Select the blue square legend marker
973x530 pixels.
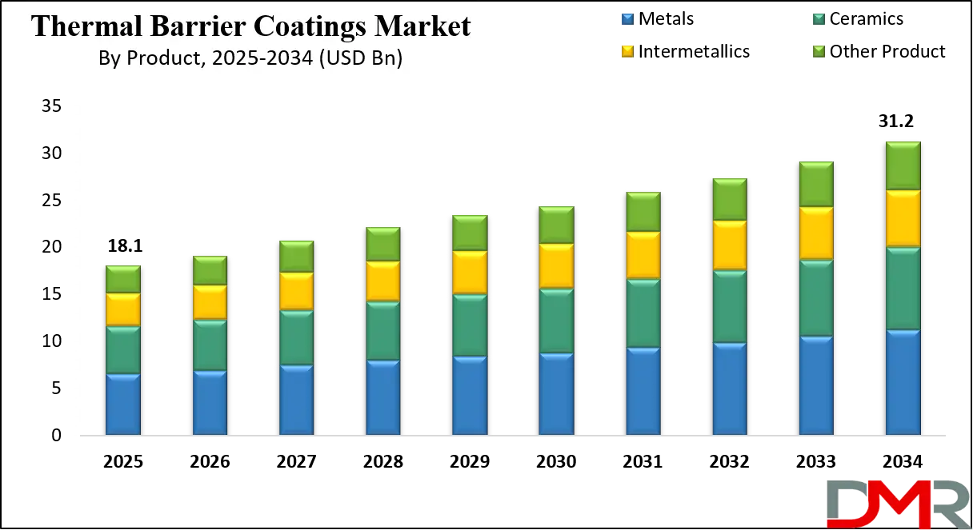pyautogui.click(x=627, y=18)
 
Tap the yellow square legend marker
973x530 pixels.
pyautogui.click(x=627, y=50)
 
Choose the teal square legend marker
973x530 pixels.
pyautogui.click(x=819, y=18)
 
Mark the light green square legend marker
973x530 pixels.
pyautogui.click(x=819, y=50)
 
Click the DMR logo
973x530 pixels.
pyautogui.click(x=896, y=504)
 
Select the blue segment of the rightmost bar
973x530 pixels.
pyautogui.click(x=903, y=382)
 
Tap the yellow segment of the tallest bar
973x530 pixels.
pyautogui.click(x=903, y=218)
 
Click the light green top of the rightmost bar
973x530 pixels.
pyautogui.click(x=903, y=165)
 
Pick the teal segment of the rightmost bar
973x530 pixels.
pyautogui.click(x=903, y=288)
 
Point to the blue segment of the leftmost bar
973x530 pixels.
pyautogui.click(x=122, y=404)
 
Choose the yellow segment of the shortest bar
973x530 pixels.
pyautogui.click(x=122, y=309)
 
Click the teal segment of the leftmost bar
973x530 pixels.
pyautogui.click(x=122, y=349)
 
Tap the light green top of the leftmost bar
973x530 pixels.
pyautogui.click(x=122, y=279)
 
